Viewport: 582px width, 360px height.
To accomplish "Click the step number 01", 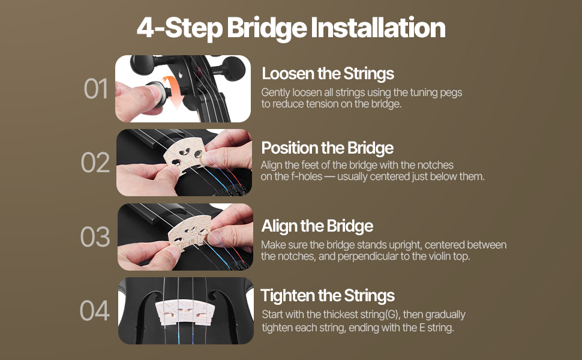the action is [96, 89].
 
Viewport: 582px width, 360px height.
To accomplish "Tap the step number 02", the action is [95, 163].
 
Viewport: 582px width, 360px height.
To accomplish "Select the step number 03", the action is [95, 237].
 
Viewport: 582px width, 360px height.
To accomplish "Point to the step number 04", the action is [95, 311].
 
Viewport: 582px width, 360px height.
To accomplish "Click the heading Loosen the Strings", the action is [328, 74].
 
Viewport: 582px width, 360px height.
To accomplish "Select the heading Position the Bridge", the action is [328, 148].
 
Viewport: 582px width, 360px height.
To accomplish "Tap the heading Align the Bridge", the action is [317, 226].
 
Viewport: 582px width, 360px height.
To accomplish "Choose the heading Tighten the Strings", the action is [328, 296].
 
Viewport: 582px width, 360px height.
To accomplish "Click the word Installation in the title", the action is [378, 28].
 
